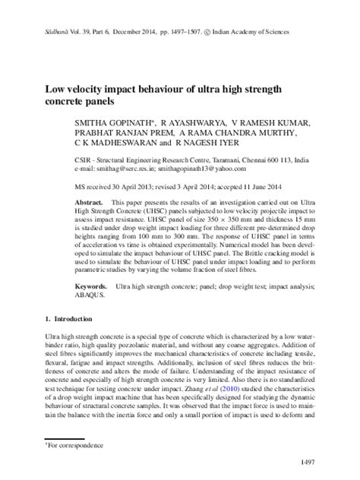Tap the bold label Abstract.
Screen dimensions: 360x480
(x=88, y=206)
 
